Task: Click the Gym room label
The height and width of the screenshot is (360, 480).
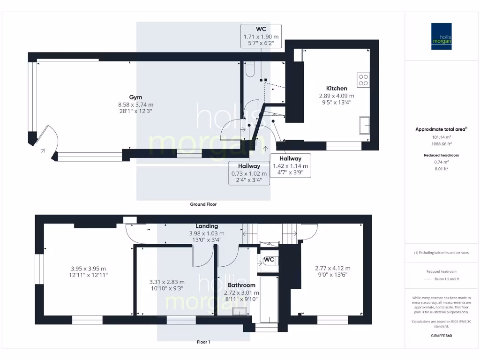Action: [135, 97]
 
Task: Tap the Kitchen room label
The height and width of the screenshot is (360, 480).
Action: [337, 88]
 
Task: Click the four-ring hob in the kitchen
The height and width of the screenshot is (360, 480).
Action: [363, 80]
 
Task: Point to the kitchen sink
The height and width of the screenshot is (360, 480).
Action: [364, 125]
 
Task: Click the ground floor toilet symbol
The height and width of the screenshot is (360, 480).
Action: [249, 69]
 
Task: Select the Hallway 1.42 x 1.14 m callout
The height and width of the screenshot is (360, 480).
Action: [290, 165]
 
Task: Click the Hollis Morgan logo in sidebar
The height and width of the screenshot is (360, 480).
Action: [441, 37]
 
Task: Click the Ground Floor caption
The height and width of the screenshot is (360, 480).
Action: [203, 204]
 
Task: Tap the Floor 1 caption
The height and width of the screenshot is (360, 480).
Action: [203, 342]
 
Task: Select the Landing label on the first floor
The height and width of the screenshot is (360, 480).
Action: [206, 226]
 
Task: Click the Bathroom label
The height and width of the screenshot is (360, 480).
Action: [241, 285]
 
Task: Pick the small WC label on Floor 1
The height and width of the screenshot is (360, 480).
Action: [269, 260]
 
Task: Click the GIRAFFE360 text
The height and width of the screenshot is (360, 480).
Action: [441, 336]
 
